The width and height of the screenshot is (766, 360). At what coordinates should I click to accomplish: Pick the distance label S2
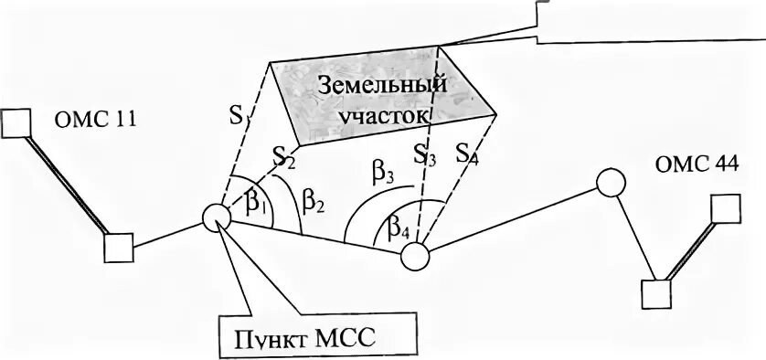point(284,157)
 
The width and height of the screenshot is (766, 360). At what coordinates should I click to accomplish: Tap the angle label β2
point(314,203)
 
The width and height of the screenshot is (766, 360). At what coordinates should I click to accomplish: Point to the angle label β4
point(398,225)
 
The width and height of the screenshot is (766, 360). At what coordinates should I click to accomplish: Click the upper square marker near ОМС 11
point(16,122)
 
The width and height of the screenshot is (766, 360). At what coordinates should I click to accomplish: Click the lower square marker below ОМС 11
point(118,247)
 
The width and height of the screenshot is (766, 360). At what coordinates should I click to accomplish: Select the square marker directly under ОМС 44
point(726,209)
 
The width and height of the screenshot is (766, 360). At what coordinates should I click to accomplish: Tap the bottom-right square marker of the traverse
point(655,294)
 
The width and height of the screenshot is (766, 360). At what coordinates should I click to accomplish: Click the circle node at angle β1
point(217,218)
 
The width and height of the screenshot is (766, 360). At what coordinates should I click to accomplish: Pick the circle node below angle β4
point(415,256)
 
